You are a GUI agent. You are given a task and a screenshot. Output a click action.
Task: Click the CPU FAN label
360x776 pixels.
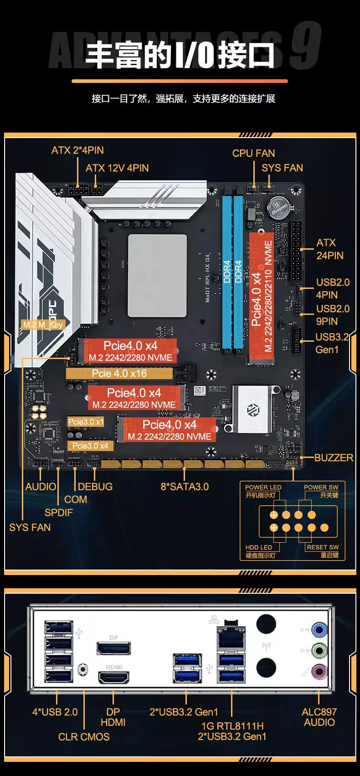pyautogui.click(x=253, y=154)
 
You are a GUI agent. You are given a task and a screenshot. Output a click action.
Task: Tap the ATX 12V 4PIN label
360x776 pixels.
pyautogui.click(x=117, y=168)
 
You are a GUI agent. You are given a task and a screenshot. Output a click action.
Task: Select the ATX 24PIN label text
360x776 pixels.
pyautogui.click(x=329, y=249)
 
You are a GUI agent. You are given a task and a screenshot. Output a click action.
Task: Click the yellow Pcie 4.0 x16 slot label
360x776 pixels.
pyautogui.click(x=119, y=374)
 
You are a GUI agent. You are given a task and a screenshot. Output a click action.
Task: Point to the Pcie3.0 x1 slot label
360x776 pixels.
pyautogui.click(x=86, y=422)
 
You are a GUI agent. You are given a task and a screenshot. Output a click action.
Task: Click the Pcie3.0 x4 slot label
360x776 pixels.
pyautogui.click(x=90, y=446)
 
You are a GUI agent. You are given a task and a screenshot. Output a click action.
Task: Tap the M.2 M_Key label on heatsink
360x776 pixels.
pyautogui.click(x=43, y=325)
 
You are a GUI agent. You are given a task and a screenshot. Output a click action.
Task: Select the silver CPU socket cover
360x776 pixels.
pyautogui.click(x=157, y=276)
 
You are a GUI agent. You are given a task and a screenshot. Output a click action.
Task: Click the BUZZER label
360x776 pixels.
pyautogui.click(x=334, y=457)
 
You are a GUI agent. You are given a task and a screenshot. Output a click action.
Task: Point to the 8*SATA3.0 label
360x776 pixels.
pyautogui.click(x=185, y=487)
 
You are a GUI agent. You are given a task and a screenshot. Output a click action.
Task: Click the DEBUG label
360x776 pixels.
pyautogui.click(x=95, y=487)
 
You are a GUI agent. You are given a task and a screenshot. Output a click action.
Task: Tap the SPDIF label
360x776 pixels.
pyautogui.click(x=58, y=513)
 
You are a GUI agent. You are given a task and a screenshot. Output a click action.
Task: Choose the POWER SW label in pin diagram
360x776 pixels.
pyautogui.click(x=321, y=488)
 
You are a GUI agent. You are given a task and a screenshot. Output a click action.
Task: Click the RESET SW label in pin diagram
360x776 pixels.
pyautogui.click(x=323, y=547)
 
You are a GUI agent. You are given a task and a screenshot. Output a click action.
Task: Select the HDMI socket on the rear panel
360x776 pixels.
pyautogui.click(x=113, y=678)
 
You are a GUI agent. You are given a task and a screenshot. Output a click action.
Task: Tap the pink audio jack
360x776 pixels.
pyautogui.click(x=319, y=671)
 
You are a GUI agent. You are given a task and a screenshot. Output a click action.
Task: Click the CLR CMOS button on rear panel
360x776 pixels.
pyautogui.click(x=83, y=669)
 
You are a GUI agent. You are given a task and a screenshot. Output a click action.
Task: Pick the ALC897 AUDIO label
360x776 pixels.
pyautogui.click(x=319, y=717)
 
